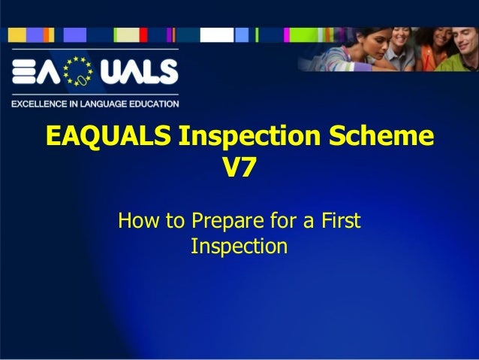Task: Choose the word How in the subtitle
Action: (137, 222)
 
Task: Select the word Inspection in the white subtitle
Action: (239, 246)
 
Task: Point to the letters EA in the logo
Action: (35, 72)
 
